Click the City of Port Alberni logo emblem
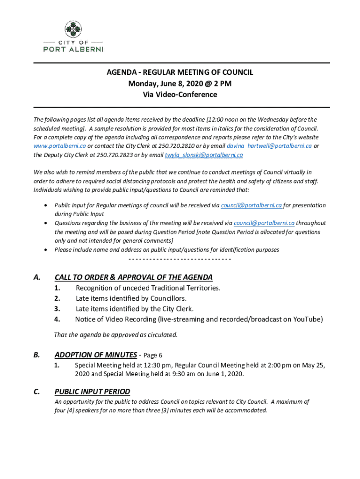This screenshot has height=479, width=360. [72, 29]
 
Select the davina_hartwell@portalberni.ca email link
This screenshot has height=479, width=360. [269, 146]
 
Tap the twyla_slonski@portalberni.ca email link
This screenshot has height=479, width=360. [203, 155]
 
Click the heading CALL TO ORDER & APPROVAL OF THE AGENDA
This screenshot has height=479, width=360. [133, 277]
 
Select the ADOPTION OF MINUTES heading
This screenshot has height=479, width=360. [95, 355]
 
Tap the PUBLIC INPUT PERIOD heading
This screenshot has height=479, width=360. [92, 392]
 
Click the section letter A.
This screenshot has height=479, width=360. [36, 277]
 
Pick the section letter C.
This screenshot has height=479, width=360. [36, 392]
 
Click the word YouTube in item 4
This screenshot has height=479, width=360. [308, 319]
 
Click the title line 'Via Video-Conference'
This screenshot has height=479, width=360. [180, 94]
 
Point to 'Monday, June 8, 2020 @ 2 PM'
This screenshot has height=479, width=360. [180, 84]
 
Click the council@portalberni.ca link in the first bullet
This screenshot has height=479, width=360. [251, 205]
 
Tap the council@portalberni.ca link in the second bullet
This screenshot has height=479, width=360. [264, 223]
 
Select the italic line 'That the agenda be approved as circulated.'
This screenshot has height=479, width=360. [116, 334]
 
